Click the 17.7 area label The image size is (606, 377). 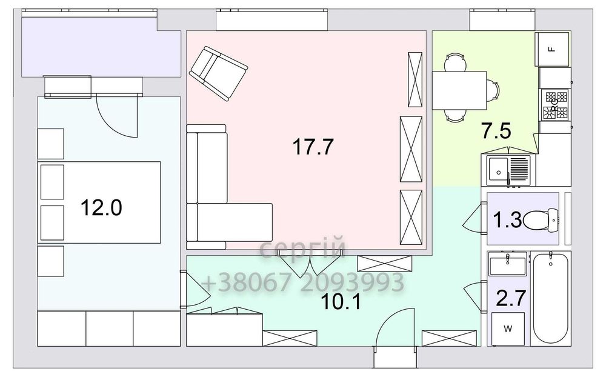pos(313,147)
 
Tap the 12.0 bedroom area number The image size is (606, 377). pos(101,207)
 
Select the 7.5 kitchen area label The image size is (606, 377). pos(496,130)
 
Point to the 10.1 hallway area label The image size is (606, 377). pos(341,302)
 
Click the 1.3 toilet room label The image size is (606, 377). pos(507,220)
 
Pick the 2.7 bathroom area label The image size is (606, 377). pos(511,298)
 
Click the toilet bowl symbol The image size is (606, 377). pos(541,220)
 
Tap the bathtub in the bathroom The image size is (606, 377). pos(550,297)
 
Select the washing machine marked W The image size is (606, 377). pos(508,329)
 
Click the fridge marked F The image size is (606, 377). pos(552,49)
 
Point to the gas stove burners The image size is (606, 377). pos(555,104)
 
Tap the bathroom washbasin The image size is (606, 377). pos(507,264)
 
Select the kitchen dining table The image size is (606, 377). pos(459,90)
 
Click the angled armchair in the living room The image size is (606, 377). pos(218,73)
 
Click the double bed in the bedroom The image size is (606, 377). pos(99,202)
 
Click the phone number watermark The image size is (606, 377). pos(302,282)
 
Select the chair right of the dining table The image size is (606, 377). pos(493,90)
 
